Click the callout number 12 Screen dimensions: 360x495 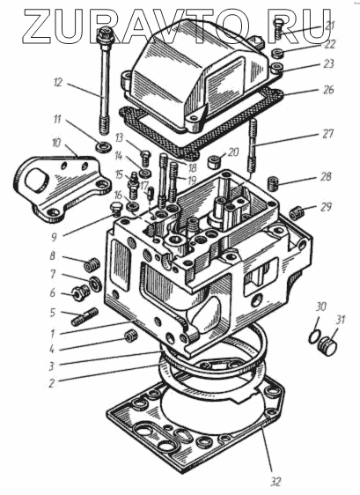[58, 83]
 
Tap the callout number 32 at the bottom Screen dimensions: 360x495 [276, 481]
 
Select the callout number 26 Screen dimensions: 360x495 [328, 89]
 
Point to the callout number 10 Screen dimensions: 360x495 [55, 143]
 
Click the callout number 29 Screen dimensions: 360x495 [327, 207]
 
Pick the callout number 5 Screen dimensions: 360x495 [53, 313]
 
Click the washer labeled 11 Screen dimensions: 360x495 [104, 147]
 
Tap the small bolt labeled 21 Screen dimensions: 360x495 [279, 27]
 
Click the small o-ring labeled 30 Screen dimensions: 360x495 [314, 336]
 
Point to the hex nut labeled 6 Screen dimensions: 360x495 [80, 293]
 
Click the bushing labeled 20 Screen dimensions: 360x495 [213, 162]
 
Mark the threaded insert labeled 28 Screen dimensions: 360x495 [273, 183]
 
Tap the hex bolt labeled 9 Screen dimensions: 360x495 [116, 209]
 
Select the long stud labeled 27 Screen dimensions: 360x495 [253, 145]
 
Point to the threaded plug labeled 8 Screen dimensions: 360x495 [91, 264]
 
